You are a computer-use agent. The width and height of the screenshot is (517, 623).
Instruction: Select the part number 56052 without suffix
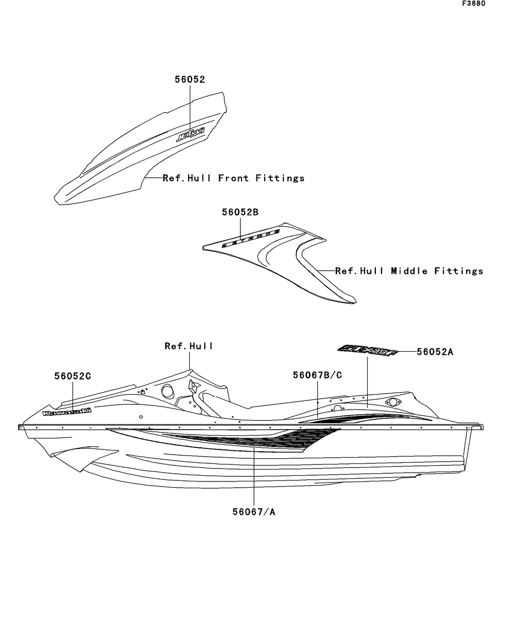coord(189,80)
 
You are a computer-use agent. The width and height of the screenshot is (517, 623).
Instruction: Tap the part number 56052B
coord(240,212)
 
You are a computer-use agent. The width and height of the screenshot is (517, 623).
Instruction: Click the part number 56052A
coord(435,352)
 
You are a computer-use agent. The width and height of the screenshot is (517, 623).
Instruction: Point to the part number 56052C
coord(72,377)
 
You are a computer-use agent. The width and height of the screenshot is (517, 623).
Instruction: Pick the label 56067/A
coord(254,512)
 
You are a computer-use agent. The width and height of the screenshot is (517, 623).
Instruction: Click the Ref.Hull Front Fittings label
coord(233,178)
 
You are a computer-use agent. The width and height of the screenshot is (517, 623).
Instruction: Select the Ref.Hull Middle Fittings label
coord(409,271)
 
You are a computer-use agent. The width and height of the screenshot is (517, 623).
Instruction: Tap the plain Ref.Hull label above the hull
coord(189,346)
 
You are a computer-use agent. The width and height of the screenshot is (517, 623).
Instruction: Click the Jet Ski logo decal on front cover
coord(191,135)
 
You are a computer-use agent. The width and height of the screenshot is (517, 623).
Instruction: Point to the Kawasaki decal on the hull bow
coord(67,412)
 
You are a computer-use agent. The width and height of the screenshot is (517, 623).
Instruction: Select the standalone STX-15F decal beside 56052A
coord(368,351)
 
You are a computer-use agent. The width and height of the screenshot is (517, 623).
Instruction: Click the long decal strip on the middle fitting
coord(251,239)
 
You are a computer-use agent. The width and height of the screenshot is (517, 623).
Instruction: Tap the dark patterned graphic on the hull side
coord(258,440)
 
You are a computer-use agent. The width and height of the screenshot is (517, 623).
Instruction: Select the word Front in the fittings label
coord(233,178)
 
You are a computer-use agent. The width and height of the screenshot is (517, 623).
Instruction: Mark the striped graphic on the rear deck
coord(362,417)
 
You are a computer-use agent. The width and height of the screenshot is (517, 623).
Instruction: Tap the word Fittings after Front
coord(280,178)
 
